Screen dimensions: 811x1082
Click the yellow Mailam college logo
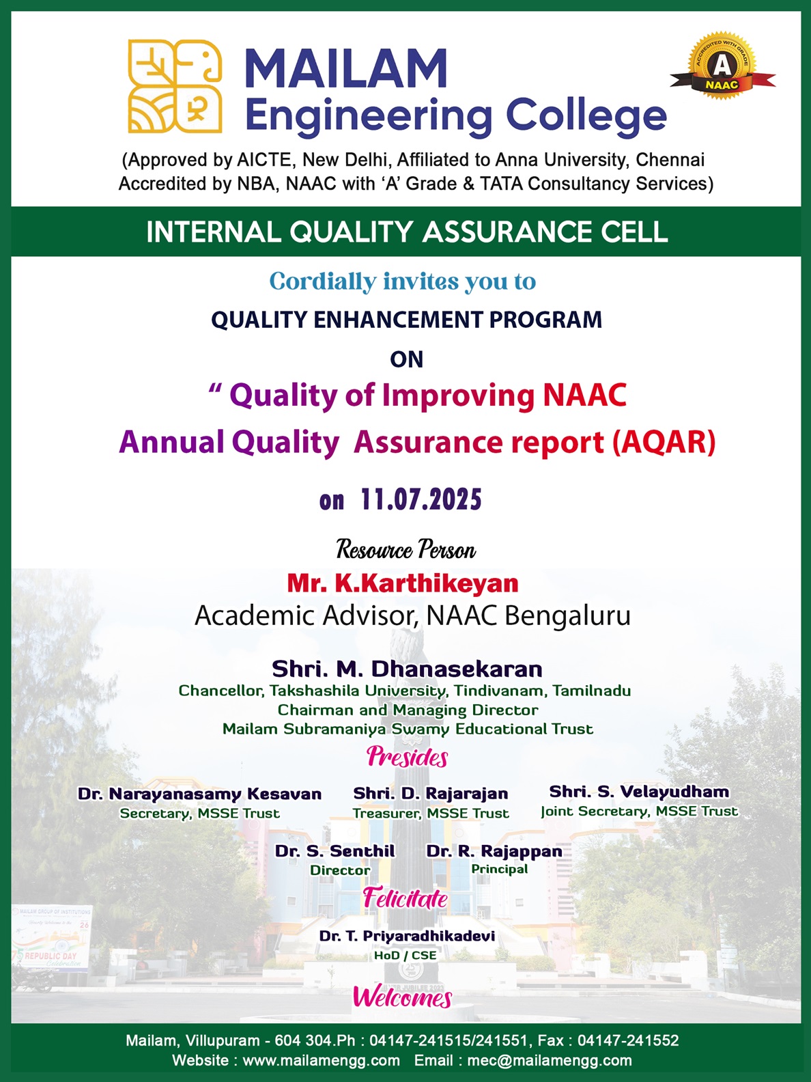tap(175, 86)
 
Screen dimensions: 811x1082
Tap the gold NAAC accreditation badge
tap(722, 66)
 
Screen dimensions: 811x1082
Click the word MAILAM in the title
tap(345, 68)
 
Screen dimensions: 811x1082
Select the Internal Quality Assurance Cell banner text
tap(407, 232)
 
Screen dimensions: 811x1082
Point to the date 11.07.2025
tap(421, 499)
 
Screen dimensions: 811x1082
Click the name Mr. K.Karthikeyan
tap(403, 583)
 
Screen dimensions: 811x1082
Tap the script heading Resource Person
tap(405, 550)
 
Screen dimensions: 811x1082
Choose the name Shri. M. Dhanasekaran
tap(407, 669)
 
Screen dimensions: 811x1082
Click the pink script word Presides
tap(408, 757)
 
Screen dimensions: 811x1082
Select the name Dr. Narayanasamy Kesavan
tap(199, 794)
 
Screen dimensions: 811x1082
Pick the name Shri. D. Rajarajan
tap(430, 793)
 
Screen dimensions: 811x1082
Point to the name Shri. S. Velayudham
tap(639, 792)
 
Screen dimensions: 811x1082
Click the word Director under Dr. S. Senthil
tap(340, 870)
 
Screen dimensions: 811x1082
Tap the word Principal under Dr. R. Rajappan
tap(499, 869)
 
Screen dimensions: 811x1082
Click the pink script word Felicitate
tap(405, 898)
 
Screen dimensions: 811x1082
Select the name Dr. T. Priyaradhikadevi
tap(407, 936)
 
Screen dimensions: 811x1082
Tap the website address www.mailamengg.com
tap(321, 1060)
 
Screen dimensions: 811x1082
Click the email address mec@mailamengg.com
tap(549, 1060)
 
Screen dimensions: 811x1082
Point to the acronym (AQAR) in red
tap(664, 442)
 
